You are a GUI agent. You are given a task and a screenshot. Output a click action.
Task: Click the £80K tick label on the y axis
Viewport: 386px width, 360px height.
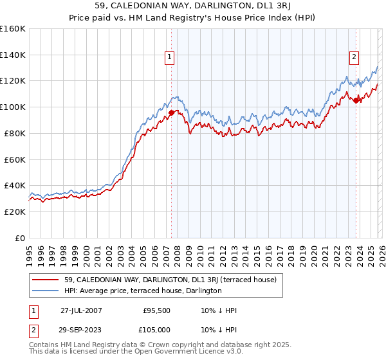tap(13, 133)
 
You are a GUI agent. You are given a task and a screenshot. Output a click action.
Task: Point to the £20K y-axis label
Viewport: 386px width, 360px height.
tap(13, 212)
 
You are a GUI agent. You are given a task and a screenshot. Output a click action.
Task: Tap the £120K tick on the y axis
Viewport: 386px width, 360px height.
tap(11, 81)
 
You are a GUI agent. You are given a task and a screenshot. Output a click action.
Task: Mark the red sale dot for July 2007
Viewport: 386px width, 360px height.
tap(171, 113)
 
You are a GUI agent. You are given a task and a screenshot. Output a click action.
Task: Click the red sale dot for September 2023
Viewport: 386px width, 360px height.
tap(356, 100)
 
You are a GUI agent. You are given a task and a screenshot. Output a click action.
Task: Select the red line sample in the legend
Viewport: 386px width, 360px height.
tap(46, 280)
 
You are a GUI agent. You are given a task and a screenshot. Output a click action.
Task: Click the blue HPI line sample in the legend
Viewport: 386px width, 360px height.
tap(46, 291)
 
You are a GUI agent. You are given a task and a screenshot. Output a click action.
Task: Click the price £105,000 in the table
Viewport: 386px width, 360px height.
tap(157, 330)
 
